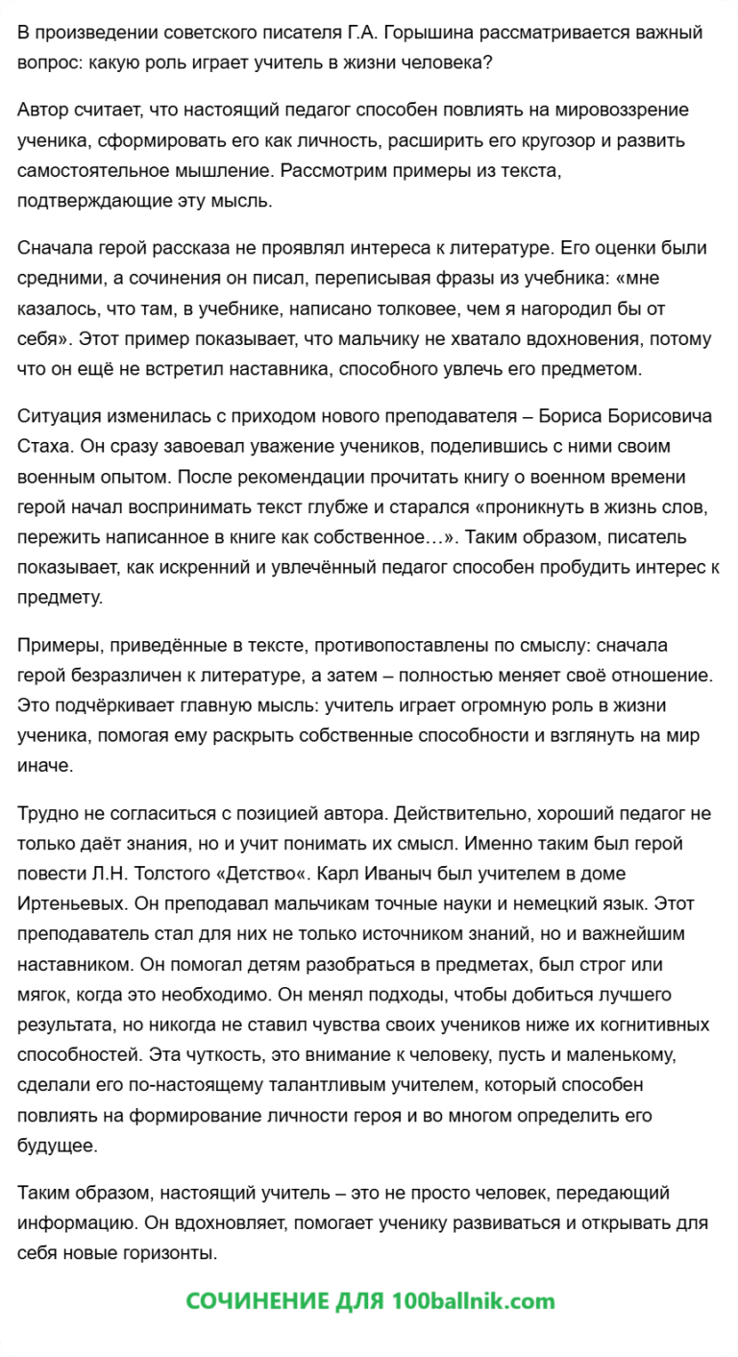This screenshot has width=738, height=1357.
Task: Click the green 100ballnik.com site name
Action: (x=474, y=1301)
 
